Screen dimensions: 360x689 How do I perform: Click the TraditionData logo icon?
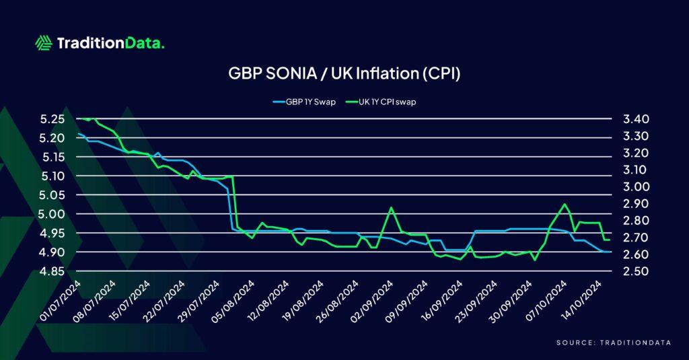pos(44,44)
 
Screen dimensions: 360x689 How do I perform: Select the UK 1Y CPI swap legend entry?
pos(379,102)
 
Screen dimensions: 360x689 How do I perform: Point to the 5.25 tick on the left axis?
pos(52,119)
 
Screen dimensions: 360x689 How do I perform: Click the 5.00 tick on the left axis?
pos(52,214)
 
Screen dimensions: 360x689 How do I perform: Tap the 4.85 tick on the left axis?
pos(52,271)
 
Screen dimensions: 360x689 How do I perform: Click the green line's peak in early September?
pos(392,208)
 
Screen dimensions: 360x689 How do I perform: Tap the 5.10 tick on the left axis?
pos(52,176)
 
